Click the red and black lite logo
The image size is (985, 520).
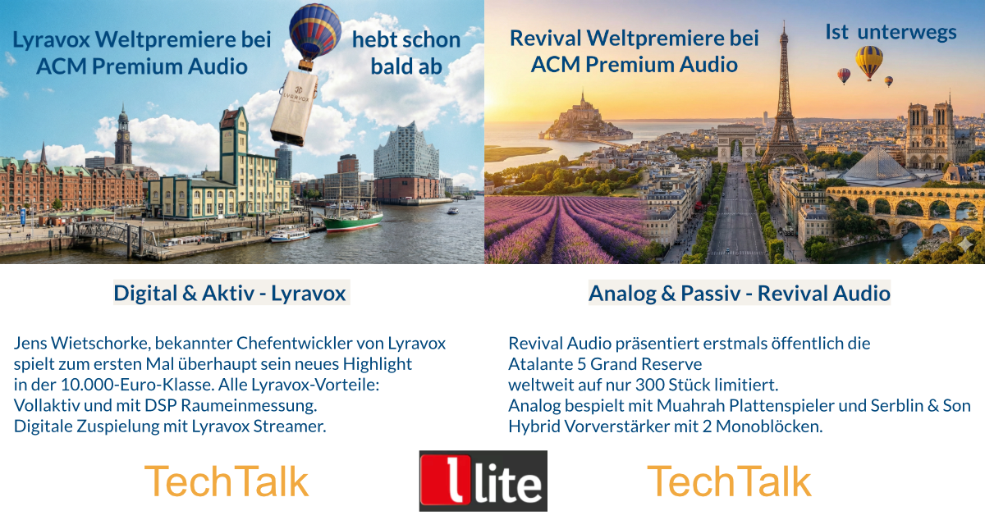[483, 481]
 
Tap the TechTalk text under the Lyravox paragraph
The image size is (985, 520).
[227, 481]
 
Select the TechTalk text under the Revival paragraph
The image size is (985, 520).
[729, 481]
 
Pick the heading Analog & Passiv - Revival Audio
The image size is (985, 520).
[740, 293]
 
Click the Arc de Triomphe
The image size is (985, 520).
[736, 143]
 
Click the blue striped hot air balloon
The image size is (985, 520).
[315, 32]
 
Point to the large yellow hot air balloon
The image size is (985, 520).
[869, 62]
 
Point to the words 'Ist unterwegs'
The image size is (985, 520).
[891, 33]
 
